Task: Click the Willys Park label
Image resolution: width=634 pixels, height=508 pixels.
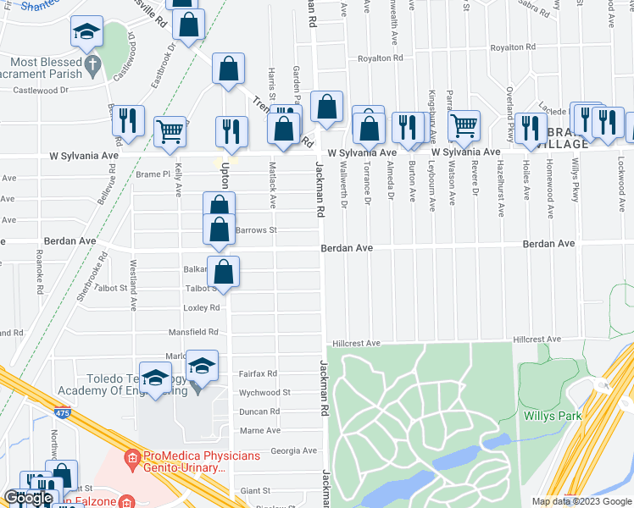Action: pos(598,416)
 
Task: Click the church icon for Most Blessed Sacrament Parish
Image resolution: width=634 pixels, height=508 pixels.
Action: pos(93,64)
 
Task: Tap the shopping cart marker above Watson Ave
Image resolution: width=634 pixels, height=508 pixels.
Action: pos(464,124)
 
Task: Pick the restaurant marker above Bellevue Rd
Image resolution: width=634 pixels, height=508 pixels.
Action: pos(128,119)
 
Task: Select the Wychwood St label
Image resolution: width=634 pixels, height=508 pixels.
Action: pos(264,393)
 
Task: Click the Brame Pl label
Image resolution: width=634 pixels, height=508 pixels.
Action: pos(153,174)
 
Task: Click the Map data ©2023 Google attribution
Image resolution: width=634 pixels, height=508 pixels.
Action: pos(581,501)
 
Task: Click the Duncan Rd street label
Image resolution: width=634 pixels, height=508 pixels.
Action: pos(259,411)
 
